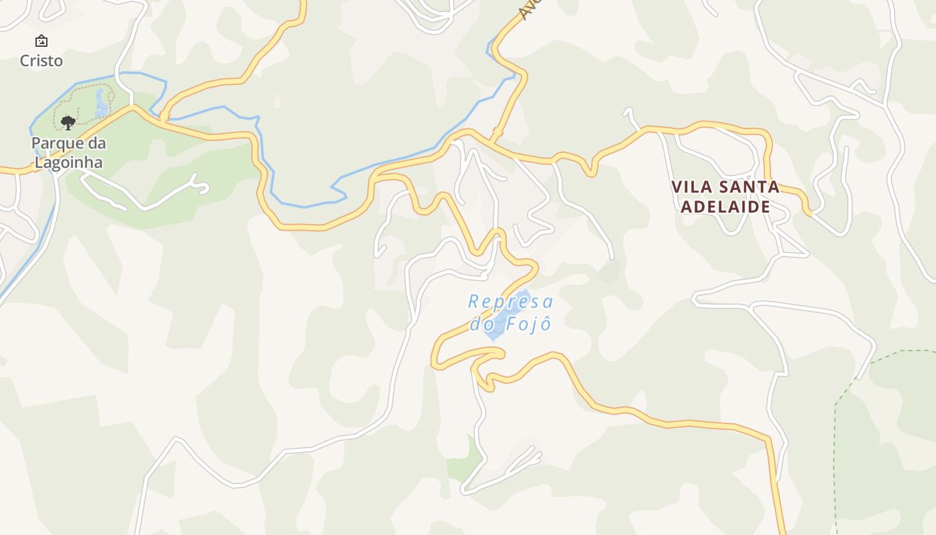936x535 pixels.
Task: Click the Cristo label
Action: click(41, 61)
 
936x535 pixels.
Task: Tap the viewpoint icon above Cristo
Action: click(41, 41)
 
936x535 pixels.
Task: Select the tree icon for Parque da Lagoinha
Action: click(68, 122)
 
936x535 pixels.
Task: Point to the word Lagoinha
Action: click(69, 163)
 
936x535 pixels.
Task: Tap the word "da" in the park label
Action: click(96, 144)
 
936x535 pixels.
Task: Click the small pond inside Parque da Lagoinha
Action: click(102, 103)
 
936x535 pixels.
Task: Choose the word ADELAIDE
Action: click(725, 207)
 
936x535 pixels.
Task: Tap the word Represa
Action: click(511, 302)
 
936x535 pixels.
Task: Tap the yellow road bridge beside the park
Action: click(162, 118)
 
